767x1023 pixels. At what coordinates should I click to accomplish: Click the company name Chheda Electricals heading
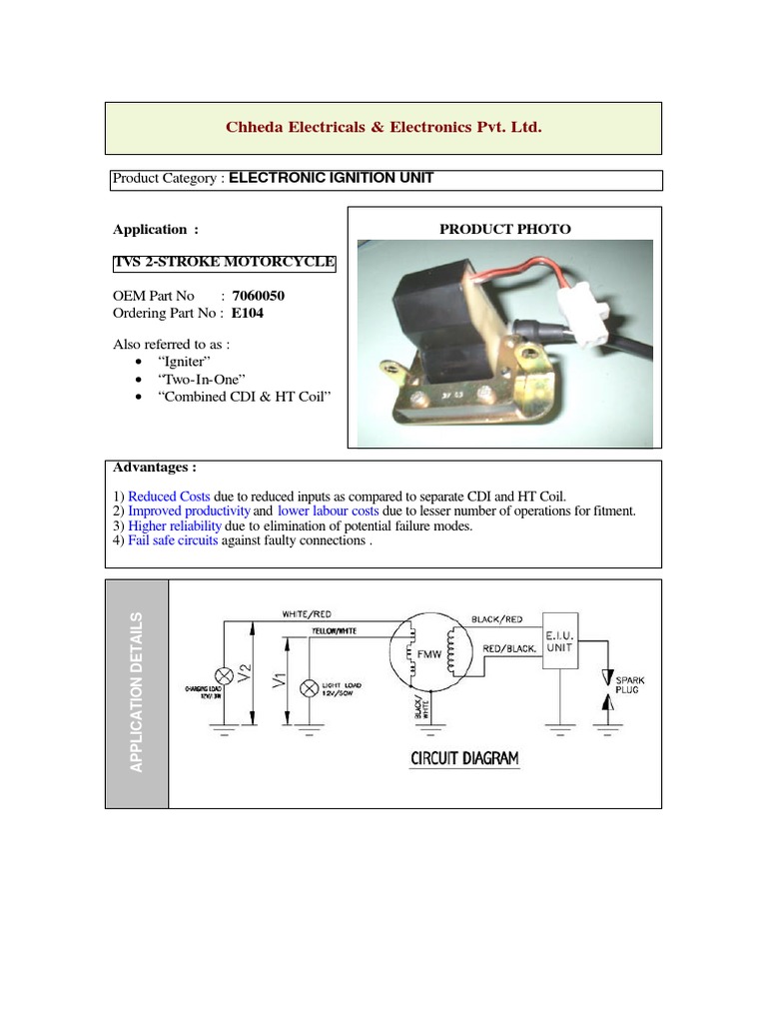tap(383, 128)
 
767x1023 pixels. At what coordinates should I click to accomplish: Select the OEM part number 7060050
tap(265, 296)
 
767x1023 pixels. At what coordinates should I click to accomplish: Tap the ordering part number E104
tap(249, 312)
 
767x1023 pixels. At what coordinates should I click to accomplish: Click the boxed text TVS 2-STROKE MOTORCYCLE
tap(225, 263)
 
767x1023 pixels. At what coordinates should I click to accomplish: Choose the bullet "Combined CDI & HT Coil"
tap(244, 397)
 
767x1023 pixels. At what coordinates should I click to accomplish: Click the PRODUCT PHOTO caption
tap(505, 229)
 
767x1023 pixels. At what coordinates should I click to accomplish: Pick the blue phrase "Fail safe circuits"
tap(173, 540)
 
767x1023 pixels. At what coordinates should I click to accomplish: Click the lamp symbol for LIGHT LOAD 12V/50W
tap(310, 688)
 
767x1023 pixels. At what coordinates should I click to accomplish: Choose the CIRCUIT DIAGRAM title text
tap(464, 758)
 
